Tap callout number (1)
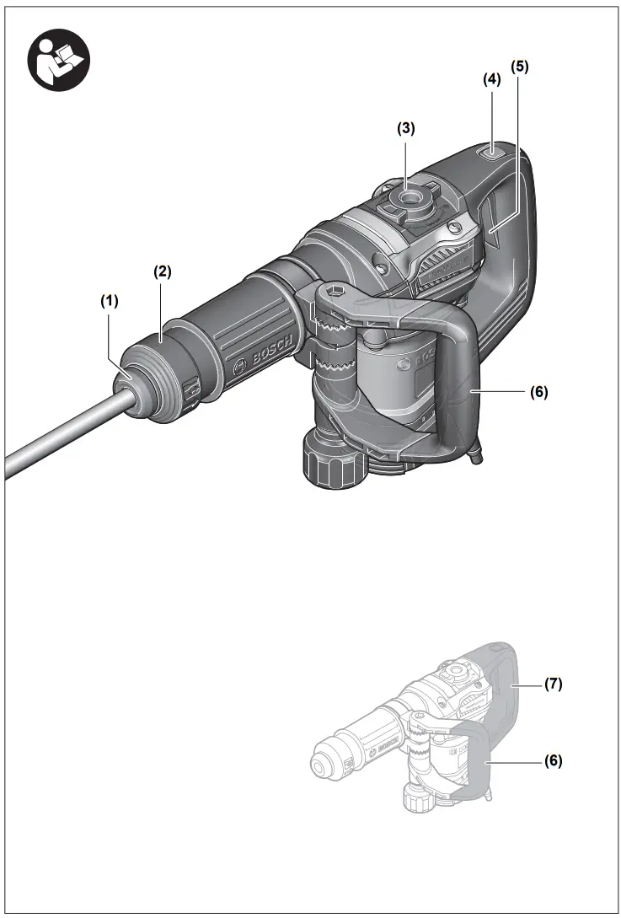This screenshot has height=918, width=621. click(110, 299)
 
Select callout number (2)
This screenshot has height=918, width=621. click(162, 271)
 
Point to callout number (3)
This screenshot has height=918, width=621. click(406, 129)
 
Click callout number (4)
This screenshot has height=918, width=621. click(491, 79)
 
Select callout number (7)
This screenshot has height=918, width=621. click(552, 684)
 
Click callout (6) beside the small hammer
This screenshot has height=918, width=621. click(552, 760)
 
